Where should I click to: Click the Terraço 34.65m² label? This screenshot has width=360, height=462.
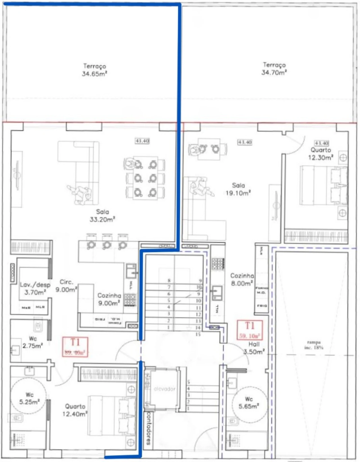pos(94,70)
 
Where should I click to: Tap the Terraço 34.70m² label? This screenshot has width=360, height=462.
pos(274,69)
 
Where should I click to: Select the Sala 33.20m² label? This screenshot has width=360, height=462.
pos(102,215)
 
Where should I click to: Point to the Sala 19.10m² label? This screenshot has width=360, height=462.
pos(238,189)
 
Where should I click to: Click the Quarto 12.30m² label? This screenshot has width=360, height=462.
pos(321,154)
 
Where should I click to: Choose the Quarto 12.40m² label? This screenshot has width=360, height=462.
pos(75,410)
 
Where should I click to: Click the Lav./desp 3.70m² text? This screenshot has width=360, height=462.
pos(35,289)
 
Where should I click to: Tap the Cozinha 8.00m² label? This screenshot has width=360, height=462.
pos(242,279)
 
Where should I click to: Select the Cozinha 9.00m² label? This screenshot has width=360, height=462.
pos(109,299)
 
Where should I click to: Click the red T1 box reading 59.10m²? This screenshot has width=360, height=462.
pos(250,330)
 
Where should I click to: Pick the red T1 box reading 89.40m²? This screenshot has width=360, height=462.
pos(75,347)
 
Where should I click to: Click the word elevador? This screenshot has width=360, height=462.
pos(165,389)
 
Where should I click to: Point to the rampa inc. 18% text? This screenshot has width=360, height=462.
pos(314,345)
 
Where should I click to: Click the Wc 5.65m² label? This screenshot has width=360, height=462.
pos(249,403)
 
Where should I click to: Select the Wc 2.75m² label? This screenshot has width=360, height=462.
pos(32,342)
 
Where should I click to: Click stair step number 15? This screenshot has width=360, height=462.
pos(198,334)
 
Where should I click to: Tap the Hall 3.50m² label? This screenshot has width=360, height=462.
pos(254,348)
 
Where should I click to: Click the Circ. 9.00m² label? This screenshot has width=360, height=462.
pos(66,286)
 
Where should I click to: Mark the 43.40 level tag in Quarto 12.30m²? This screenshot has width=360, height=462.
pos(321,143)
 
